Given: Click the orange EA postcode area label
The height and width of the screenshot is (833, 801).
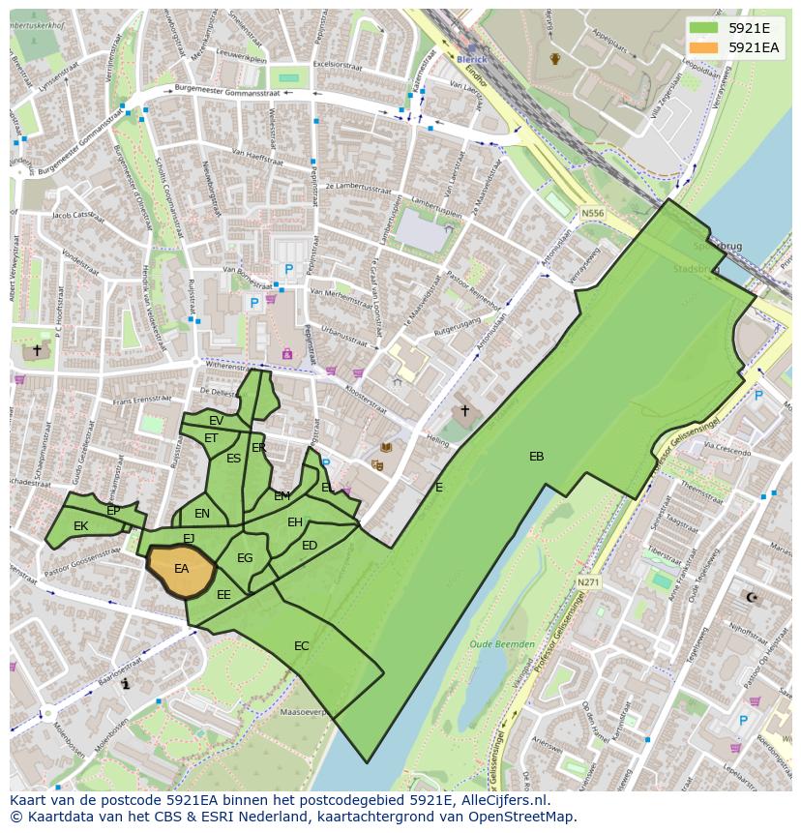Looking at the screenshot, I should pyautogui.click(x=181, y=569).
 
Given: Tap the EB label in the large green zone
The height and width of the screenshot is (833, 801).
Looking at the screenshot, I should pyautogui.click(x=536, y=457).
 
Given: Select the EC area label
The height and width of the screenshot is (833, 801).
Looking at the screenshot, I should pyautogui.click(x=302, y=645).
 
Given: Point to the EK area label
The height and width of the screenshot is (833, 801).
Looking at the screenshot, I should pyautogui.click(x=80, y=526).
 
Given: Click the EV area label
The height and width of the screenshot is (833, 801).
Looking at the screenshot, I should pyautogui.click(x=216, y=421).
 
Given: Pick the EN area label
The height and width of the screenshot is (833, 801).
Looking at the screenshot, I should pyautogui.click(x=202, y=514).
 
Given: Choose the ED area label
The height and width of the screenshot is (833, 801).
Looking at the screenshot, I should pyautogui.click(x=310, y=546).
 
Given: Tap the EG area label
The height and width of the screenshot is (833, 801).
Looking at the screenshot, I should pyautogui.click(x=245, y=558).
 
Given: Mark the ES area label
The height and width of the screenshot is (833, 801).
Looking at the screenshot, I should pyautogui.click(x=233, y=459).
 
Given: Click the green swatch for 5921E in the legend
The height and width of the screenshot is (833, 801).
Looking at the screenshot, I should pyautogui.click(x=703, y=28).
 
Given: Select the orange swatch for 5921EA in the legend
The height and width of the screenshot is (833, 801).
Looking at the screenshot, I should pyautogui.click(x=703, y=47).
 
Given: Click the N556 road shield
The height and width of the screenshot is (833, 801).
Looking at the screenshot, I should pyautogui.click(x=592, y=213).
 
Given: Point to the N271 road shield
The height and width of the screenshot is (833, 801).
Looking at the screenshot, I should pyautogui.click(x=588, y=582).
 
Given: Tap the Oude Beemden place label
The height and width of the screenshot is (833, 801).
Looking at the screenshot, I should pyautogui.click(x=501, y=643).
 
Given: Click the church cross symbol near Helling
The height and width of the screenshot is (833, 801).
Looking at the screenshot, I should pyautogui.click(x=464, y=411).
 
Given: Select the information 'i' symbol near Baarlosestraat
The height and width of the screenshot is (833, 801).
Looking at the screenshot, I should pyautogui.click(x=127, y=684).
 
